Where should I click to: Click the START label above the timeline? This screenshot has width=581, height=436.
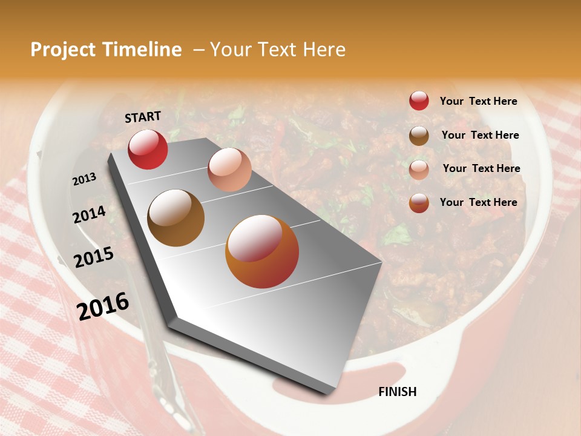[x=143, y=117]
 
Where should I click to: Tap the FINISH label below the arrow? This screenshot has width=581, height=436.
[x=397, y=392]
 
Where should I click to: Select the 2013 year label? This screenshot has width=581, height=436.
[x=84, y=179]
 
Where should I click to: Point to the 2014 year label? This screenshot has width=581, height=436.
[x=90, y=215]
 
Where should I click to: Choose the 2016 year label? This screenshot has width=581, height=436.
[x=103, y=306]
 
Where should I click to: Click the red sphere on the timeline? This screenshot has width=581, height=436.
[x=148, y=149]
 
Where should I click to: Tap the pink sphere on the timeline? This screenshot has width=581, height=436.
[x=229, y=170]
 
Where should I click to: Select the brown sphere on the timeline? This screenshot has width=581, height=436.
[x=176, y=218]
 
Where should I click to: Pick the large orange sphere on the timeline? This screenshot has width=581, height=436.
[x=262, y=251]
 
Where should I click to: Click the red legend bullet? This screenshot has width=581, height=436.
[x=419, y=101]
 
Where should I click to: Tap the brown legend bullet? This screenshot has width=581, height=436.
[x=419, y=136]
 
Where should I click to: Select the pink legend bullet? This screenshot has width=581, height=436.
[x=419, y=170]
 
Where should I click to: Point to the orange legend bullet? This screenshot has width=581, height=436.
[x=419, y=203]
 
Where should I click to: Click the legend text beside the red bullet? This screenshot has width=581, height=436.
[x=478, y=102]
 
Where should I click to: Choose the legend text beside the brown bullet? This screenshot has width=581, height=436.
[x=480, y=135]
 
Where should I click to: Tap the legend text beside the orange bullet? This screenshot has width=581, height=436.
[x=478, y=202]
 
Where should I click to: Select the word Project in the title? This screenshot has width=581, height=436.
[x=62, y=50]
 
